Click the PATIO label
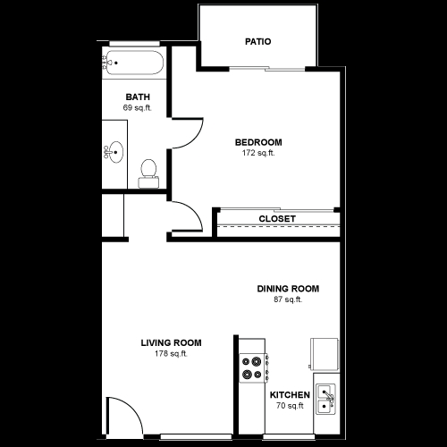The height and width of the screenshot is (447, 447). (x=257, y=42)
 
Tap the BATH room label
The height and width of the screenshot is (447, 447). (x=137, y=97)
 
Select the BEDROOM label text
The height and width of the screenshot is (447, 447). (x=258, y=142)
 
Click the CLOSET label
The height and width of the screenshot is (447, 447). (x=277, y=219)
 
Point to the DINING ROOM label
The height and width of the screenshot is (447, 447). (x=288, y=289)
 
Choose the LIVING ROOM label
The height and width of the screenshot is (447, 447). (x=170, y=342)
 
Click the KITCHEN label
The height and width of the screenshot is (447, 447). (x=290, y=395)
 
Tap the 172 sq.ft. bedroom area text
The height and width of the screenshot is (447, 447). (x=258, y=153)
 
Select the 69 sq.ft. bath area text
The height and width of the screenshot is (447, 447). (x=137, y=108)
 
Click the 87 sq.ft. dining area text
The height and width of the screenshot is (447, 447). (x=288, y=299)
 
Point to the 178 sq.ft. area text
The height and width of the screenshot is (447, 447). (x=170, y=353)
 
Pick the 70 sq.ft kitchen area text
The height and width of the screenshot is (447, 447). (x=290, y=406)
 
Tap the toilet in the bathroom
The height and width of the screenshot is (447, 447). (x=149, y=171)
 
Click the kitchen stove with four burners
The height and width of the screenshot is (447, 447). (x=253, y=368)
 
